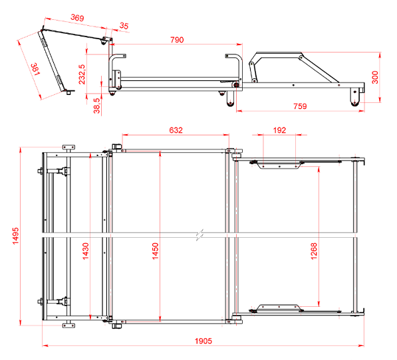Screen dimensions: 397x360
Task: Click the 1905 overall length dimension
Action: click(x=203, y=341)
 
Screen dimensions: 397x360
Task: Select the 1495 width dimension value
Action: click(x=16, y=236)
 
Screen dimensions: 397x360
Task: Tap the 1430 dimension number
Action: click(x=86, y=251)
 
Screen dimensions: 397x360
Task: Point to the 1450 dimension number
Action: click(x=155, y=251)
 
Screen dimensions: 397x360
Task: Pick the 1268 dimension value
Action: click(x=314, y=251)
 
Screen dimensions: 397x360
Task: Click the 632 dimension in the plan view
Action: click(x=176, y=130)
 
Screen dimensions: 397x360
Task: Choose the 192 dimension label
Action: click(x=279, y=130)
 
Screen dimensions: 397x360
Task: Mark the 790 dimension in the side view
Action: click(x=177, y=40)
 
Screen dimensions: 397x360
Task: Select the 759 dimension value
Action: click(x=300, y=106)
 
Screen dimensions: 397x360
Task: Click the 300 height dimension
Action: click(x=375, y=77)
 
